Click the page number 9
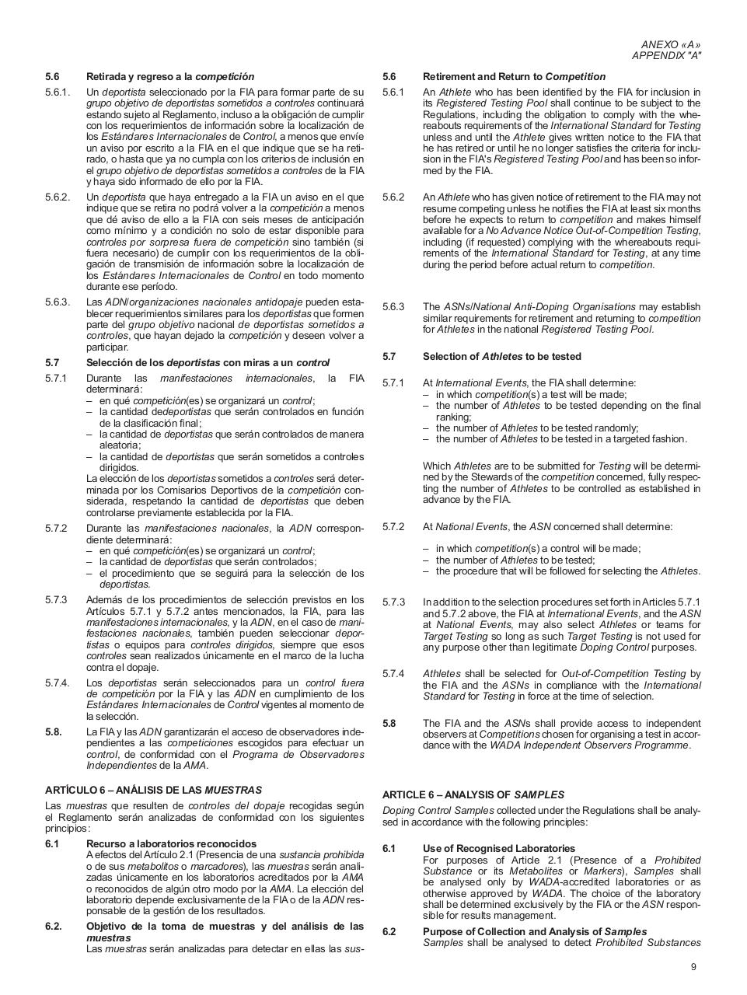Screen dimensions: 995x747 pos(693,967)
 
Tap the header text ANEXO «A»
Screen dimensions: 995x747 pos(671,45)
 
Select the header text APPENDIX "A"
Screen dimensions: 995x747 pos(666,56)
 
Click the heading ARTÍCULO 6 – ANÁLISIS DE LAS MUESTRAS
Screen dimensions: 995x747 pos(153,790)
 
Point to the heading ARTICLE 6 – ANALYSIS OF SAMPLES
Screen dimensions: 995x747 pos(483,794)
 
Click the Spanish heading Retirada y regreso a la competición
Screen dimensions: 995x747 pos(170,76)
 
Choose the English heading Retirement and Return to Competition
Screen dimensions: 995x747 pos(514,76)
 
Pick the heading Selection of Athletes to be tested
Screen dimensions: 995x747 pos(501,356)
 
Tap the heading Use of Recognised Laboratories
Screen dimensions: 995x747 pos(499,848)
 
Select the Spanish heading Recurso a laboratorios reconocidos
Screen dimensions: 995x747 pos(171,843)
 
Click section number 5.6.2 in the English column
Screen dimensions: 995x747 pos(393,197)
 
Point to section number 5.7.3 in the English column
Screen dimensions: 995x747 pos(393,602)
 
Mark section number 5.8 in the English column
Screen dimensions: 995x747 pos(389,723)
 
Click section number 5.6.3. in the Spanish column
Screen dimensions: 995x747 pos(58,302)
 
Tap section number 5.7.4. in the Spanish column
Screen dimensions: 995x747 pos(58,683)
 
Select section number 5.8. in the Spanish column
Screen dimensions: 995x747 pos(54,731)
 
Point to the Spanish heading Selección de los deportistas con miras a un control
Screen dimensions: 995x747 pos(208,362)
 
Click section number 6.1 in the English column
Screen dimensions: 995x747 pos(389,848)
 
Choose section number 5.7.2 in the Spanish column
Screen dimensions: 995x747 pos(56,528)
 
